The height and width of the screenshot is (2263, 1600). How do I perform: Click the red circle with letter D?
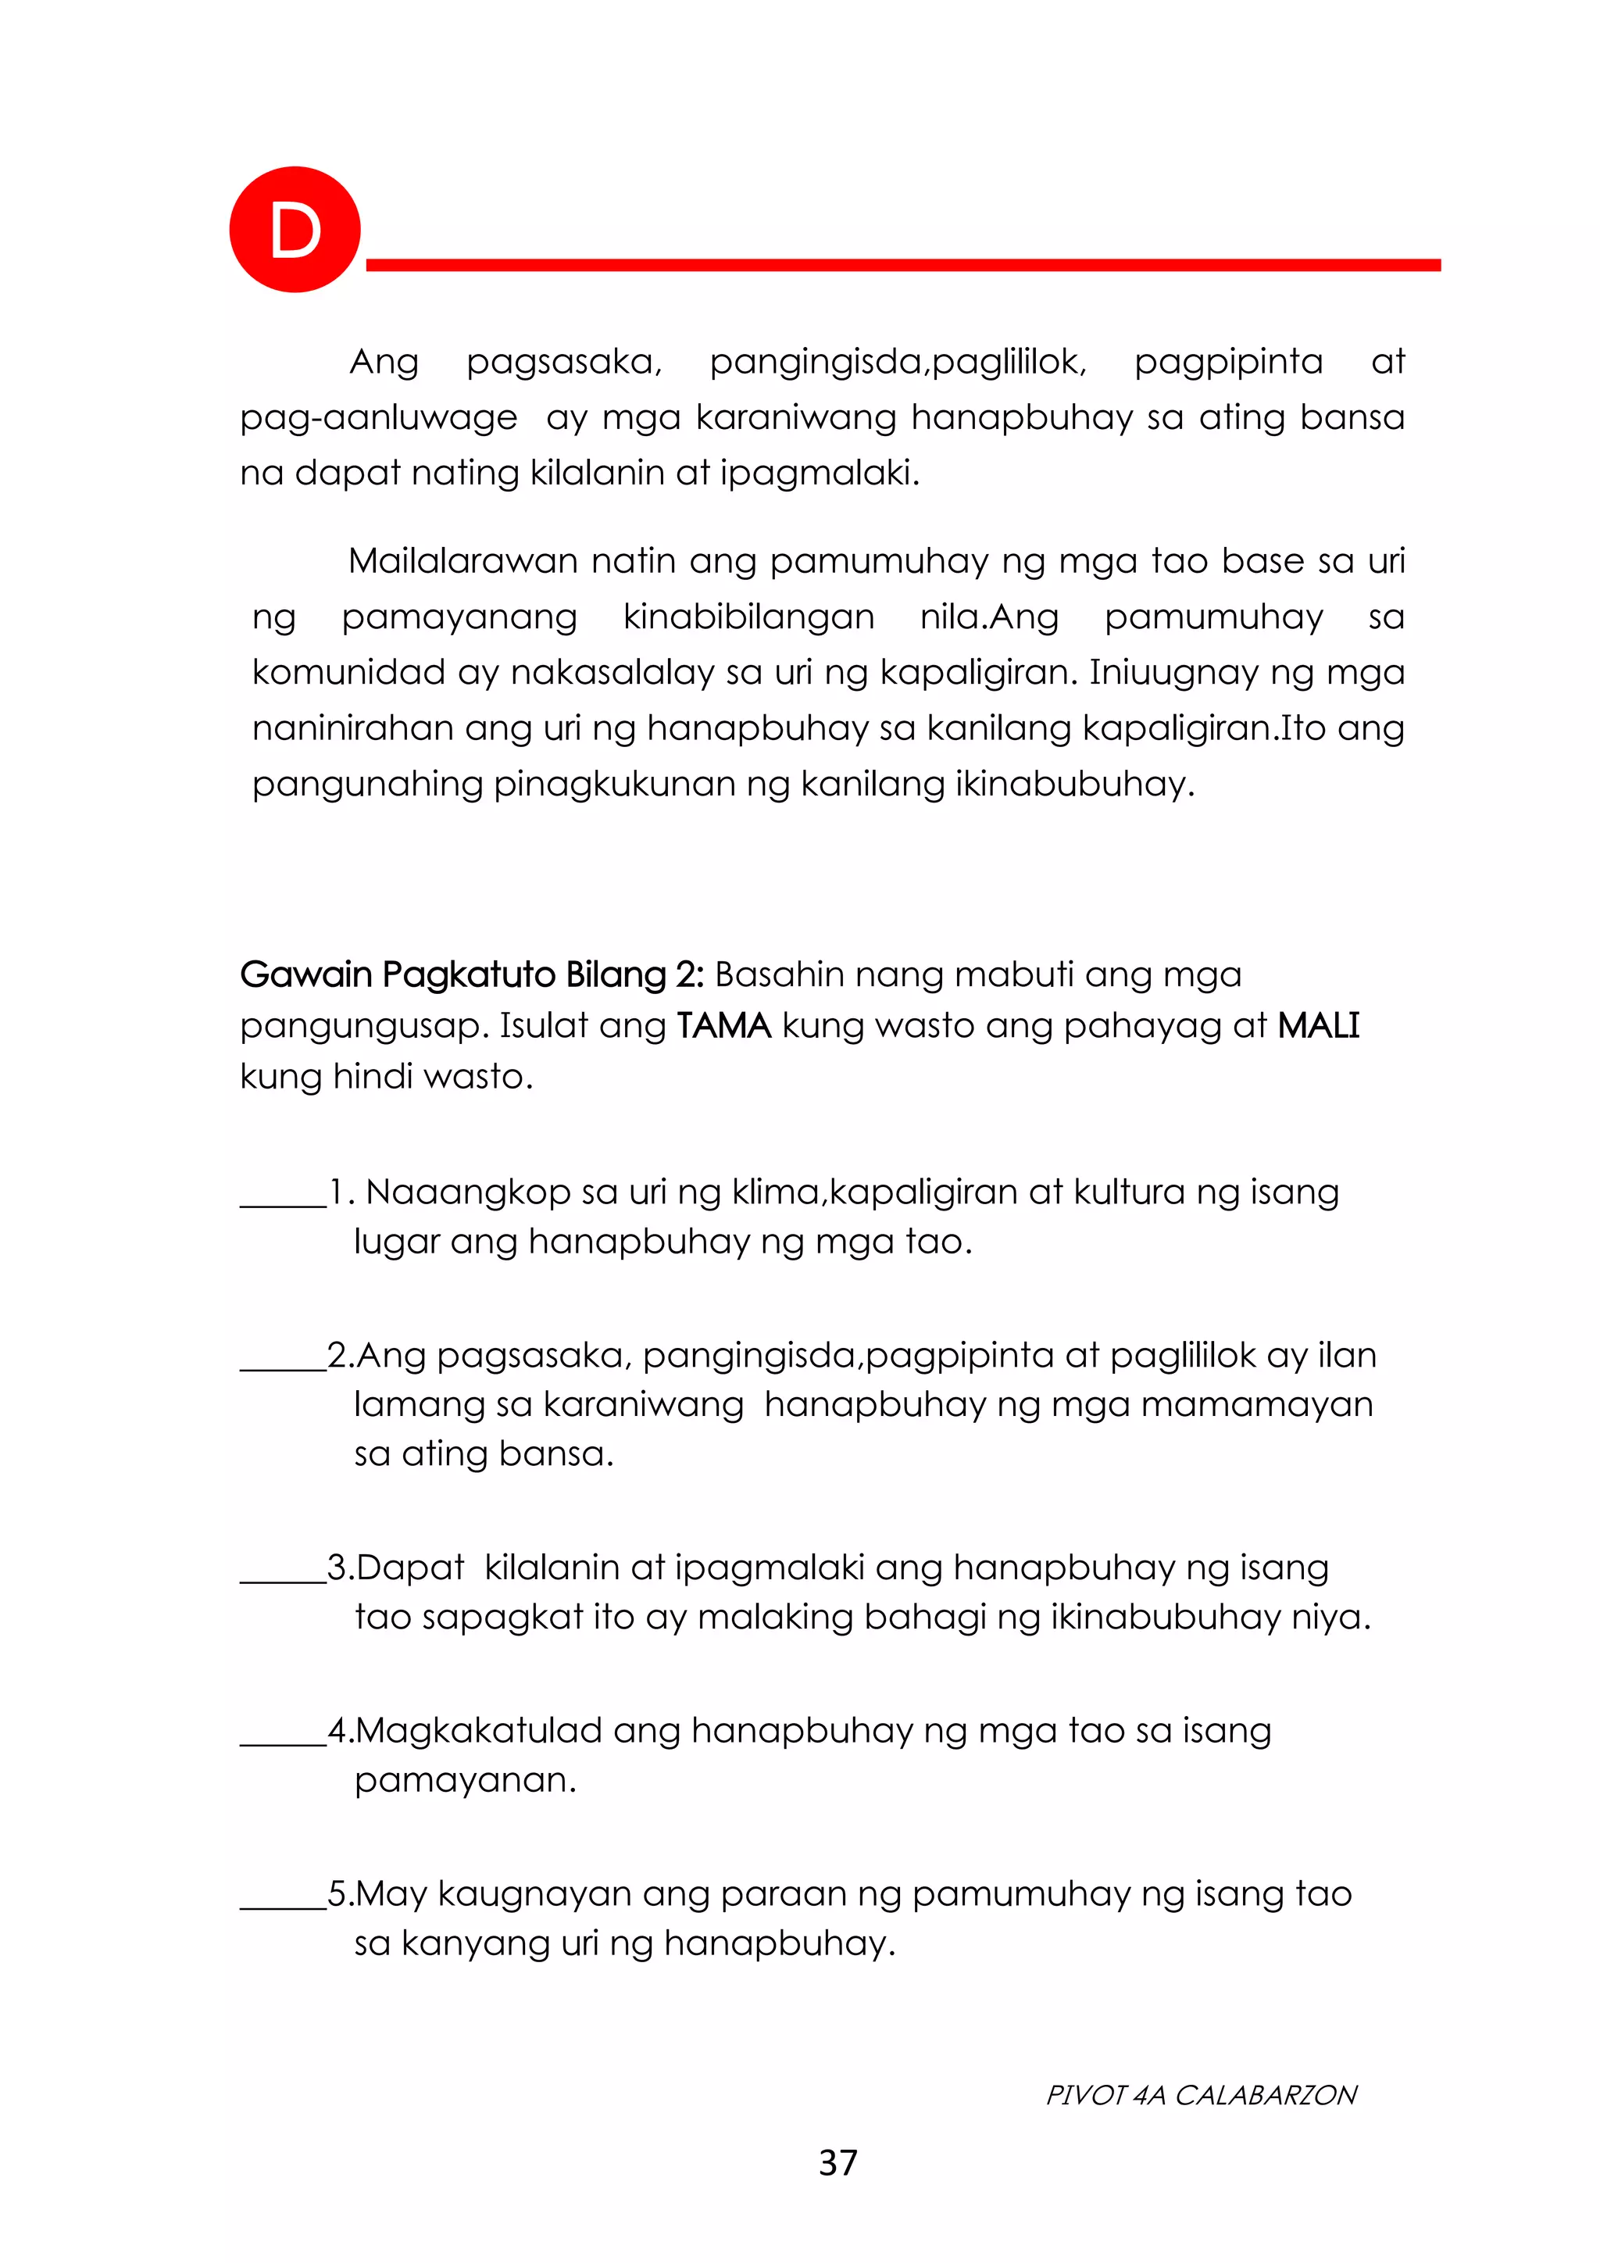pyautogui.click(x=295, y=230)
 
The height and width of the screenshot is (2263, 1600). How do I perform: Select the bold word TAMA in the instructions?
pyautogui.click(x=724, y=1026)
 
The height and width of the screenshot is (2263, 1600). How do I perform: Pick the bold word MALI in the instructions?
pyautogui.click(x=1318, y=1026)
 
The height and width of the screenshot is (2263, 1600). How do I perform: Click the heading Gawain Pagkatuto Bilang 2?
pyautogui.click(x=472, y=974)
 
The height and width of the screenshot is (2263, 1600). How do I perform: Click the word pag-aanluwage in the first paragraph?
pyautogui.click(x=378, y=418)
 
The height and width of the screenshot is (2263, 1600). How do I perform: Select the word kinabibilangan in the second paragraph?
pyautogui.click(x=748, y=618)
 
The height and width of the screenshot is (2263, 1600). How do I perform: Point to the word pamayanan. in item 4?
pyautogui.click(x=465, y=1781)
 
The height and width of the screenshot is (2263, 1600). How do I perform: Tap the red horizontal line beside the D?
pyautogui.click(x=902, y=265)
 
